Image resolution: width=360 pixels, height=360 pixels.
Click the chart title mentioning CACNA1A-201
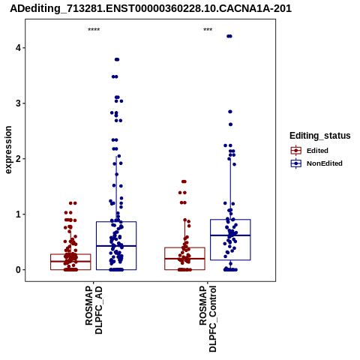click(151, 9)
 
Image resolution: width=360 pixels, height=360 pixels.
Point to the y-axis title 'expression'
click(8, 150)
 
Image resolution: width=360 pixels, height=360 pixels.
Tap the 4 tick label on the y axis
click(18, 48)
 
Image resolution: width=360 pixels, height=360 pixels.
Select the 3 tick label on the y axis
click(18, 103)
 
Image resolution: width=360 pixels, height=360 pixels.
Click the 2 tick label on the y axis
click(18, 159)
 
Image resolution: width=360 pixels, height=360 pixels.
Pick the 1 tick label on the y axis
click(18, 214)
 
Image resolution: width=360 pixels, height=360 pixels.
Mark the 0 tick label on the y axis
click(18, 270)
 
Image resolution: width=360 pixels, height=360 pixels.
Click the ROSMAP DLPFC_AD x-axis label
click(94, 310)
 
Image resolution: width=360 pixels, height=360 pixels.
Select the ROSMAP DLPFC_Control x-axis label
click(208, 319)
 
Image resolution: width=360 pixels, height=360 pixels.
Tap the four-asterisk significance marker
click(94, 30)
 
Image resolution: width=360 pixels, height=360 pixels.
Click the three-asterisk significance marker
click(208, 30)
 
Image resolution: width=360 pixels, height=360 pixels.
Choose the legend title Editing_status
click(320, 136)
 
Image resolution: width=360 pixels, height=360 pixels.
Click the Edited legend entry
click(317, 151)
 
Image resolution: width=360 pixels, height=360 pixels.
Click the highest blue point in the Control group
click(229, 36)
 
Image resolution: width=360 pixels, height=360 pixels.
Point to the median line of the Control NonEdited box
click(230, 235)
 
